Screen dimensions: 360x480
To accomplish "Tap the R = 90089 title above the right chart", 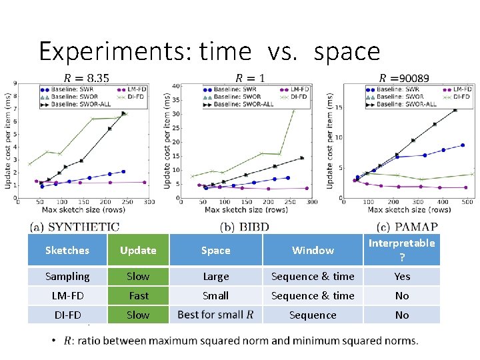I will pyautogui.click(x=405, y=78).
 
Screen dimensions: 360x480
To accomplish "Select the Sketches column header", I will pyautogui.click(x=67, y=251).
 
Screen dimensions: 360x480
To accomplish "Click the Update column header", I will pyautogui.click(x=138, y=251).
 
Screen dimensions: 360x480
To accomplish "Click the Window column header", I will pyautogui.click(x=313, y=251).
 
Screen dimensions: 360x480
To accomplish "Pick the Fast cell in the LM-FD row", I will pyautogui.click(x=138, y=295).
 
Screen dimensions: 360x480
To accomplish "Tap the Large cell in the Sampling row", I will pyautogui.click(x=215, y=277).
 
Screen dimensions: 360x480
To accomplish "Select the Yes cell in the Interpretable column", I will pyautogui.click(x=402, y=277).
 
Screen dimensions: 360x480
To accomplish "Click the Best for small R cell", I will pyautogui.click(x=215, y=315).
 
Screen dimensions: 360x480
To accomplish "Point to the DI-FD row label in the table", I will pyautogui.click(x=67, y=315).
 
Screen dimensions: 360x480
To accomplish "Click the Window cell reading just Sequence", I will pyautogui.click(x=313, y=315).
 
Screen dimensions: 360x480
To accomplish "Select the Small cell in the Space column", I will pyautogui.click(x=215, y=295).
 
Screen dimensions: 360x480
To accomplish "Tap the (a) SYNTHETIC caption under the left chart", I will pyautogui.click(x=74, y=227).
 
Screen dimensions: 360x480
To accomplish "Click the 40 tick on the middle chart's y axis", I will pyautogui.click(x=176, y=85).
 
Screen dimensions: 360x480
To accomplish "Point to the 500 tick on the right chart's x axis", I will pyautogui.click(x=467, y=202).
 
